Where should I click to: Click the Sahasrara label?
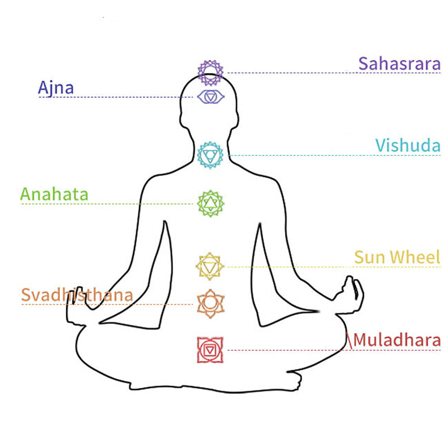(x=399, y=63)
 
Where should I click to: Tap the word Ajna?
(x=56, y=88)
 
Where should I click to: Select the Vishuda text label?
(x=408, y=145)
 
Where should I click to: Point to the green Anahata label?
(x=54, y=194)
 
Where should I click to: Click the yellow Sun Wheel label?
(x=397, y=257)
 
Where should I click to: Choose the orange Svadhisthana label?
(x=77, y=295)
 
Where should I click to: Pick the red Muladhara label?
(x=397, y=340)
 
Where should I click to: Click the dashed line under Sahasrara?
(x=334, y=73)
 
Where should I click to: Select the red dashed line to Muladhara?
(x=334, y=350)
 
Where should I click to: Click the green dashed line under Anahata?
(x=107, y=204)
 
